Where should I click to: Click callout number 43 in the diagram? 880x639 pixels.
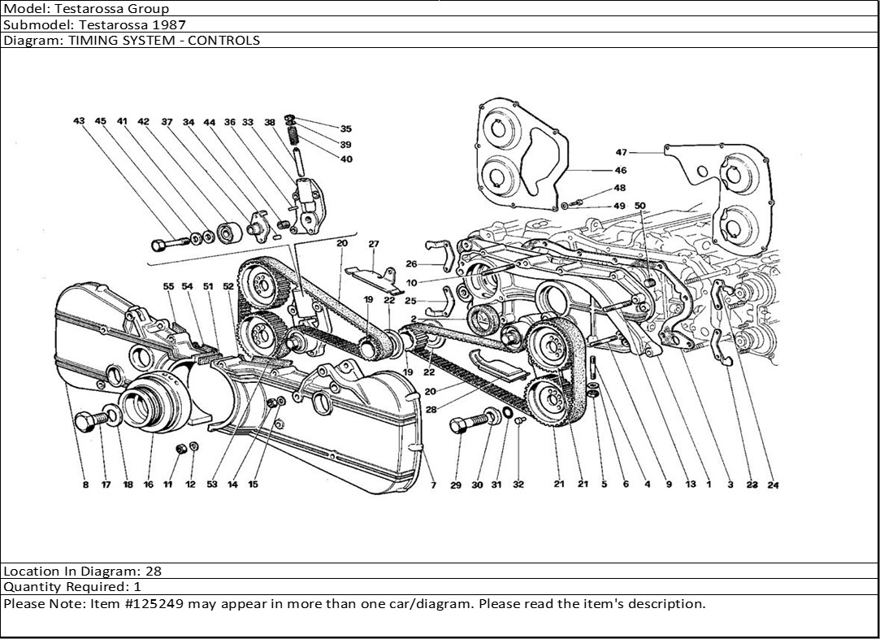pos(79,122)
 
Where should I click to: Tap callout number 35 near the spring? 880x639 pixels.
pos(345,129)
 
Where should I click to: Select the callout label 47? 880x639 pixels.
pos(622,152)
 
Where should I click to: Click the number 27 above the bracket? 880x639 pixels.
pos(374,244)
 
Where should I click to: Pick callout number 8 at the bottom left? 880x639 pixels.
pos(85,485)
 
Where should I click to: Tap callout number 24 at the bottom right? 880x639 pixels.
pos(773,485)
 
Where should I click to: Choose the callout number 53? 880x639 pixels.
pos(211,485)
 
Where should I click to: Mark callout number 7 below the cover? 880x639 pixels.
pos(433,485)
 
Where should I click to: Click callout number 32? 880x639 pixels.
pos(518,485)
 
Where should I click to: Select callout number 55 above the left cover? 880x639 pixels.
pos(168,286)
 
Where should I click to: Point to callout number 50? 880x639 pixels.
pos(639,206)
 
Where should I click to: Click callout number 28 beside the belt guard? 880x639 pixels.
pos(431,411)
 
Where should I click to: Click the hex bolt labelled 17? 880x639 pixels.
pos(87,422)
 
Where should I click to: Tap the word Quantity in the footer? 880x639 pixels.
pos(29,587)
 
